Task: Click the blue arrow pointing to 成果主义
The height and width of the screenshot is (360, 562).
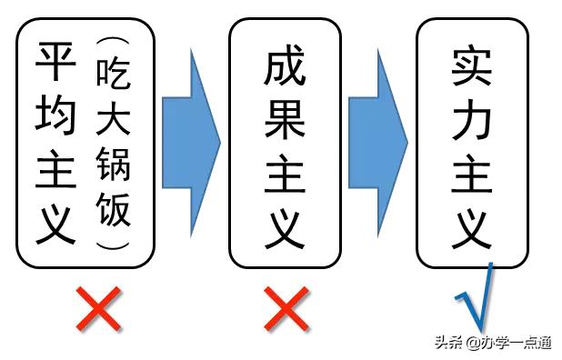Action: coord(191,141)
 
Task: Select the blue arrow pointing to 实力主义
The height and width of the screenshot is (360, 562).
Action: coord(377,141)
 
